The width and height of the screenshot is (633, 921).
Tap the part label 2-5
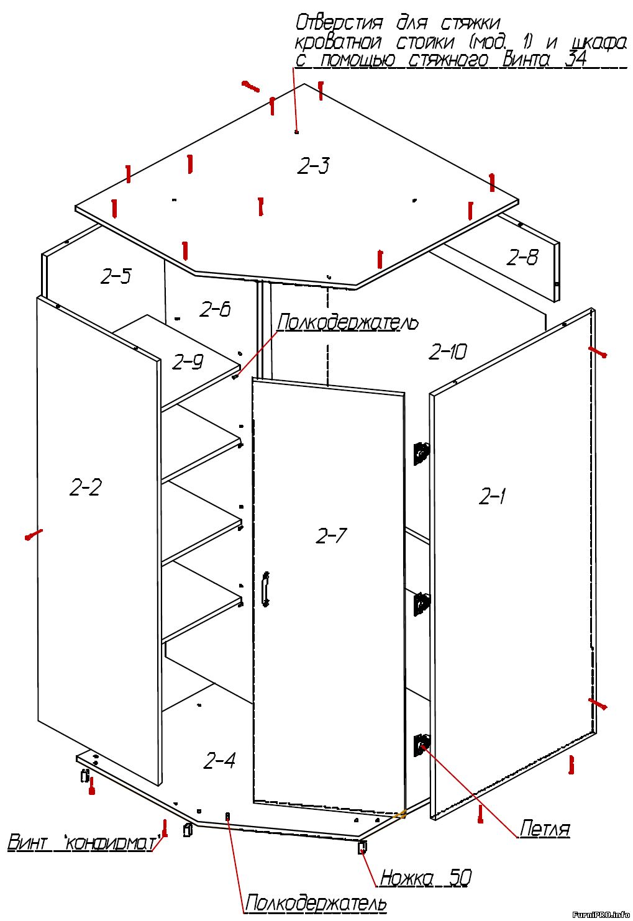[x=116, y=276]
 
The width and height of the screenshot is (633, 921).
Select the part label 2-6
[x=215, y=309]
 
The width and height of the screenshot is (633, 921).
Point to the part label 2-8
[x=522, y=257]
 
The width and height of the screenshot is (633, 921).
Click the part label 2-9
[x=188, y=362]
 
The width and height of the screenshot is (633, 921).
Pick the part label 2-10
[x=448, y=352]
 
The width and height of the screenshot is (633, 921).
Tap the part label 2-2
[x=85, y=488]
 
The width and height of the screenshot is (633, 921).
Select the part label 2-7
[x=331, y=535]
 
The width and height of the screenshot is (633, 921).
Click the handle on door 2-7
[x=266, y=589]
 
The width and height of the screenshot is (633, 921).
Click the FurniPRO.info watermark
[x=601, y=914]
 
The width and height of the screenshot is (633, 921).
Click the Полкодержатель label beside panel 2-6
[x=347, y=322]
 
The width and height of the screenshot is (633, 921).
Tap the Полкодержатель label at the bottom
[x=316, y=904]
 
